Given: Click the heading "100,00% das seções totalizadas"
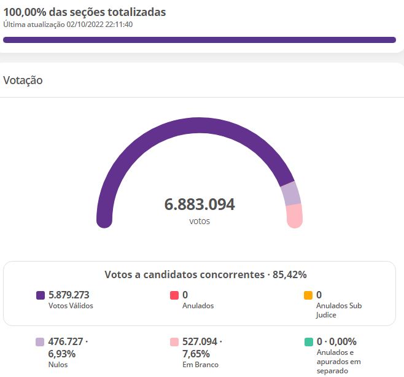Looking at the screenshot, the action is tap(85, 12).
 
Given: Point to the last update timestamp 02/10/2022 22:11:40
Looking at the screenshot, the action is tap(99, 25).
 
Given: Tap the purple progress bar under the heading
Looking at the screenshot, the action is tap(200, 40).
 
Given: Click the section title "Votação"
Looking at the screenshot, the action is tap(23, 80).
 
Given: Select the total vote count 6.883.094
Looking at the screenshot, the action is tap(200, 204).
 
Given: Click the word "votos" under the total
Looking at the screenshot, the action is tap(200, 221).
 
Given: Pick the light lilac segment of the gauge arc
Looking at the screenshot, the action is tap(291, 193).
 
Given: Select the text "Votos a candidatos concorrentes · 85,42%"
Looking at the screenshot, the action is tap(206, 274).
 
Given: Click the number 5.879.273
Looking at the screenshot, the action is tap(69, 295).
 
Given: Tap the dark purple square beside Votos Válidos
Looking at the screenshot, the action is tap(41, 295).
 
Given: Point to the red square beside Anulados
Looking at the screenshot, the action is tap(174, 295).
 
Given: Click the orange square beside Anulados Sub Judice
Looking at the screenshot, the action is tap(308, 295).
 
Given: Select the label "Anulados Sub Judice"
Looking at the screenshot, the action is tap(339, 310).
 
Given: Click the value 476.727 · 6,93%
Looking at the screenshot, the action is tap(68, 348).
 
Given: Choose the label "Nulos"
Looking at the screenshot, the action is tap(58, 365).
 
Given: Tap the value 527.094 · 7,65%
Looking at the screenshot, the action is tap(202, 348).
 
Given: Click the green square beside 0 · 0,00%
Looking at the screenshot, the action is tap(309, 342).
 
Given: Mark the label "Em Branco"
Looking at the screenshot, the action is tap(200, 365).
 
